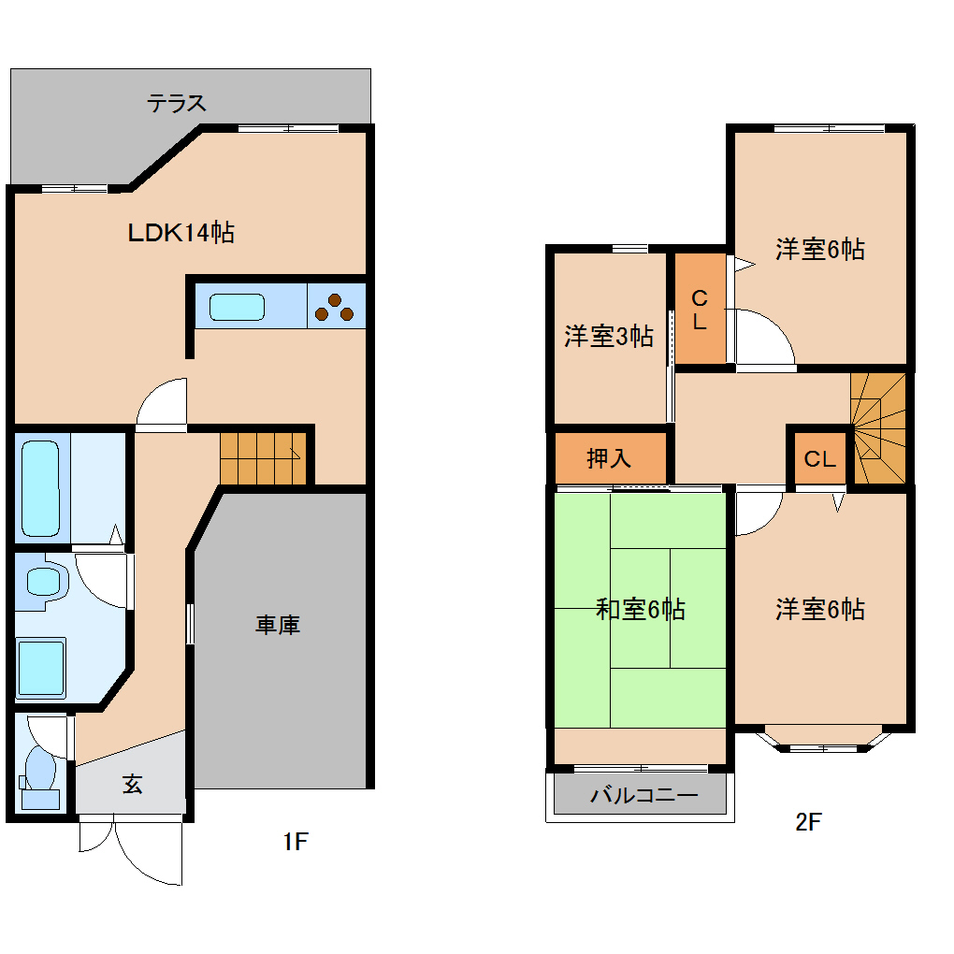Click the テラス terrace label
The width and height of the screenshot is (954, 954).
pos(176,103)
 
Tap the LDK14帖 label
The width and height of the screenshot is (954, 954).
pos(181,232)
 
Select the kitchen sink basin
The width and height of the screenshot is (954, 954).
pos(237,307)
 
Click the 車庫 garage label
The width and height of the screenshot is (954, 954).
pos(278,625)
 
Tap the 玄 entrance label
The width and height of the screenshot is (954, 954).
pos(133,786)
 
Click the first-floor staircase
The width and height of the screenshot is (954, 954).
pos(262,458)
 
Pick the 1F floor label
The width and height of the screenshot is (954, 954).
pos(295,842)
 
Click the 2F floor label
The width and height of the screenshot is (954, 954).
pos(807,823)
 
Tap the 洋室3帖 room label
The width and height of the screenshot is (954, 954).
pos(608,336)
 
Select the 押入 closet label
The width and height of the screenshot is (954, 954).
pos(609,458)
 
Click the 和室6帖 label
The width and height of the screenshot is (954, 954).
pos(641,610)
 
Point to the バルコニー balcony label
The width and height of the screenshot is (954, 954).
pos(643,797)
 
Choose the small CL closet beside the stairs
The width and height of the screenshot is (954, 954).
pos(819,459)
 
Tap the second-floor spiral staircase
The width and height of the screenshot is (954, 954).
pos(878,428)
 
